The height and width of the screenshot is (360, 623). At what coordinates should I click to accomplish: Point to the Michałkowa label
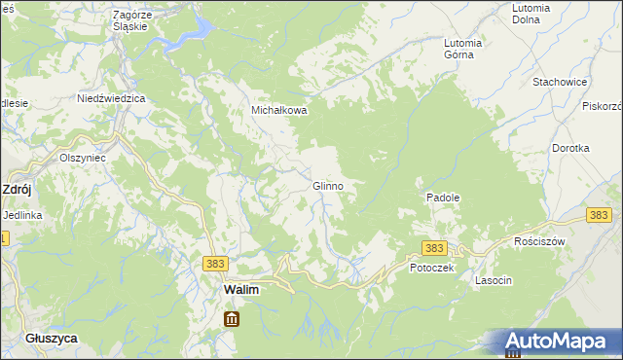279,111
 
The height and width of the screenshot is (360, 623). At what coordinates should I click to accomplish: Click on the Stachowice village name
559,83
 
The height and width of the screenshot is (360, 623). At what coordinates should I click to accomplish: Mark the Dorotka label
570,148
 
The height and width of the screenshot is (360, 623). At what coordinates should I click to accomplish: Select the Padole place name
442,197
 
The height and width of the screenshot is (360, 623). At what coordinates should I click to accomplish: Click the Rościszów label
539,240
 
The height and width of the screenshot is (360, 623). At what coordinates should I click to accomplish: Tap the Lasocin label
493,280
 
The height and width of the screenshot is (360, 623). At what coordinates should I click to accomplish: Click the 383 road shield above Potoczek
434,248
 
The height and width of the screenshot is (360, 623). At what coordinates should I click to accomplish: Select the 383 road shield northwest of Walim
216,263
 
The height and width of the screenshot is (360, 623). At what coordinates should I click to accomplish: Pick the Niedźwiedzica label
111,99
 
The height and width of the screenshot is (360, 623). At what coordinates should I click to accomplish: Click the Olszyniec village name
82,157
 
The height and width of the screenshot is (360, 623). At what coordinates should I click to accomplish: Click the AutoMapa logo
556,342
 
